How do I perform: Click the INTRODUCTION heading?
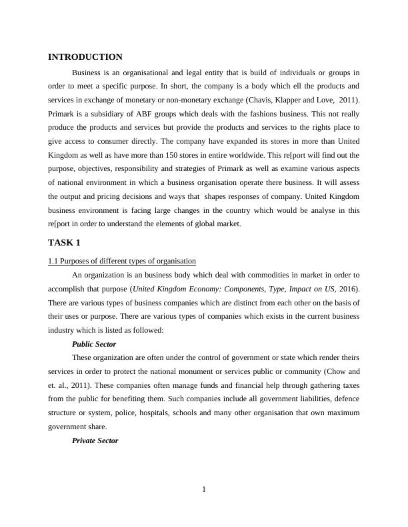pos(85,57)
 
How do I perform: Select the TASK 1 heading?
pos(64,242)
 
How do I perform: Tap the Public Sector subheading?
pos(94,344)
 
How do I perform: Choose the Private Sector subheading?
pos(95,440)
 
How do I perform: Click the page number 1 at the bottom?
pos(204,490)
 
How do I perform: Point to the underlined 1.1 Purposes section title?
pos(122,260)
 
